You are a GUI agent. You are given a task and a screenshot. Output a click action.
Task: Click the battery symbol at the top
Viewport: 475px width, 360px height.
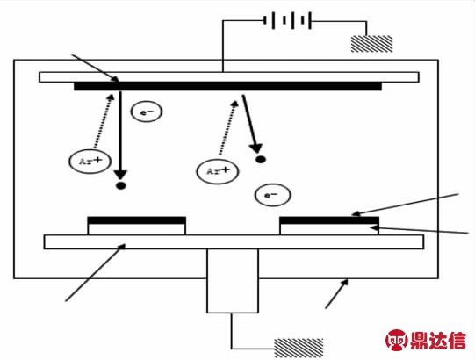(287, 20)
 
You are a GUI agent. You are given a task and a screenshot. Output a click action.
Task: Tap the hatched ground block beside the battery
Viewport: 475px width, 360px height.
(371, 44)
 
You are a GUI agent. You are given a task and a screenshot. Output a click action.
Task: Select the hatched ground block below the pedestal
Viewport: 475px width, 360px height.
(299, 348)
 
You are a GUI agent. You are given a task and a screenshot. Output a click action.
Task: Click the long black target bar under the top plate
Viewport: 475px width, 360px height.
(227, 86)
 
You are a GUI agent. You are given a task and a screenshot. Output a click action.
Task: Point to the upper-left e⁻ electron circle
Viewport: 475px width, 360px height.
(147, 112)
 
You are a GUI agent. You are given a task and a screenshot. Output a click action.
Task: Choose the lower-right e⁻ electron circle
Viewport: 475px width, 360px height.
(273, 195)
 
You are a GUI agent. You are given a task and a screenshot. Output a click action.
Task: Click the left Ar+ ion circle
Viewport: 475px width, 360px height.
(90, 162)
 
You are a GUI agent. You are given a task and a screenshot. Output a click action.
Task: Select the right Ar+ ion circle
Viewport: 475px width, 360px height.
(218, 171)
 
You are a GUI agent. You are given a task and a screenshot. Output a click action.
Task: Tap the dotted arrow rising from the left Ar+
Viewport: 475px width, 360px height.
(104, 120)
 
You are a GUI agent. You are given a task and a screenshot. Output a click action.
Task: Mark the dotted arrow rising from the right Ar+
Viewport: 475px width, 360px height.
(228, 127)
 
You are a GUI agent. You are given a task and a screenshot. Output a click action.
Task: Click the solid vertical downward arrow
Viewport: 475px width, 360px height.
(120, 135)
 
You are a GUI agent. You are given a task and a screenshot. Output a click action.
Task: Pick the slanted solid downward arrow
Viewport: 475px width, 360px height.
(251, 124)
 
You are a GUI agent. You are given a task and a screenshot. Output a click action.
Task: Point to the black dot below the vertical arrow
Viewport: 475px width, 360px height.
(121, 185)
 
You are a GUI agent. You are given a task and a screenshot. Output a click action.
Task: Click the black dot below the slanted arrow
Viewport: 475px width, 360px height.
(260, 160)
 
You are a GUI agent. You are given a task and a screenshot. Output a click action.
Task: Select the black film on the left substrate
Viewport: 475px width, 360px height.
(137, 220)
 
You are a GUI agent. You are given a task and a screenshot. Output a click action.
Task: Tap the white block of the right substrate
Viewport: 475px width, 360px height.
(329, 229)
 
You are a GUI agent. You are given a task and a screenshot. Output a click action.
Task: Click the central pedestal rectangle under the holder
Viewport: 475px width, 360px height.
(233, 281)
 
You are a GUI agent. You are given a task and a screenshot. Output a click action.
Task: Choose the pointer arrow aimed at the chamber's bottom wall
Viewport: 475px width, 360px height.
(336, 294)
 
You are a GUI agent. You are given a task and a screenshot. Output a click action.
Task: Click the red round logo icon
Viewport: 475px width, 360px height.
(397, 341)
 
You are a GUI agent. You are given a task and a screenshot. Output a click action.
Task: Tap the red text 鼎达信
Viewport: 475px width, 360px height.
(438, 341)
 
